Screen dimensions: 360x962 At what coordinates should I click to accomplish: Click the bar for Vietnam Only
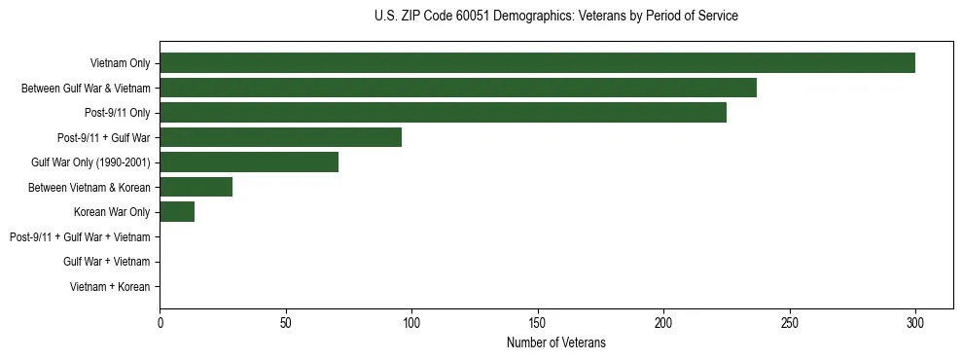pyautogui.click(x=537, y=63)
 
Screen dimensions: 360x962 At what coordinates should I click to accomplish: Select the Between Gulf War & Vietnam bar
pyautogui.click(x=458, y=88)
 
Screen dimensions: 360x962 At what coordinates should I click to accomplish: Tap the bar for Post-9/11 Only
pyautogui.click(x=443, y=113)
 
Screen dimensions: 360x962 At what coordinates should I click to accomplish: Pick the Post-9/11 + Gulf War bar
pyautogui.click(x=280, y=137)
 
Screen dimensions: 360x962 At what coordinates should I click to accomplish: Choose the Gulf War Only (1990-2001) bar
pyautogui.click(x=249, y=162)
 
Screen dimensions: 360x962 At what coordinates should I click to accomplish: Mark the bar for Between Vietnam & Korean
pyautogui.click(x=196, y=187)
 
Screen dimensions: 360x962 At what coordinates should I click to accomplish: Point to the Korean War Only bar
pyautogui.click(x=177, y=212)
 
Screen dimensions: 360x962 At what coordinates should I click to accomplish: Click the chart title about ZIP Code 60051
pyautogui.click(x=555, y=17)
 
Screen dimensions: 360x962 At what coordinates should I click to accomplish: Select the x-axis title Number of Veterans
pyautogui.click(x=555, y=342)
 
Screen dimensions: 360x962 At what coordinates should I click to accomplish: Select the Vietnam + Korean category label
pyautogui.click(x=110, y=287)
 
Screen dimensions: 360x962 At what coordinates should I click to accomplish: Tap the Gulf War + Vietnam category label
pyautogui.click(x=106, y=262)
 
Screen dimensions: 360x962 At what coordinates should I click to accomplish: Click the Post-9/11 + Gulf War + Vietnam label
pyautogui.click(x=80, y=237)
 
